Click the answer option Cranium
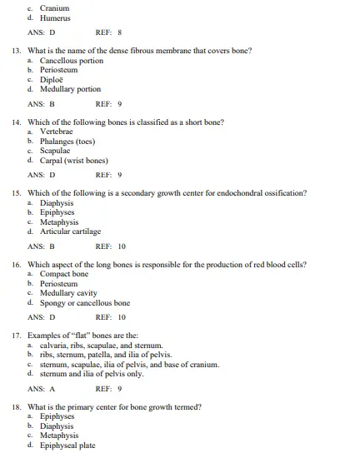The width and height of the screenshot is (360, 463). coord(55,7)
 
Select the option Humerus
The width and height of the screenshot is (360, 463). coord(56,17)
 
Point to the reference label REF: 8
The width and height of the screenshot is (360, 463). coord(109,33)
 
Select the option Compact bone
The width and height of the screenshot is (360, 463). coord(64,274)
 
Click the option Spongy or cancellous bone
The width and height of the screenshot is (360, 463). coord(85,302)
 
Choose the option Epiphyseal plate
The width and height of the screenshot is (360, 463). coord(67,445)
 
